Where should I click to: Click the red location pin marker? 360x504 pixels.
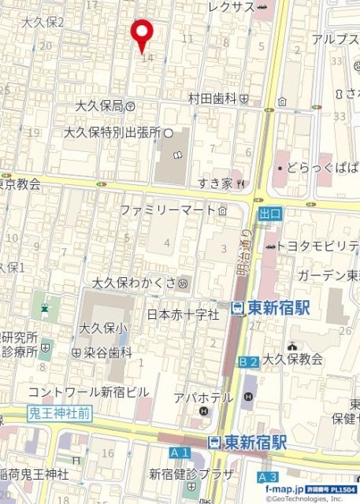click(x=142, y=31)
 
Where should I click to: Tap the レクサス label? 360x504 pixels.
click(x=232, y=7)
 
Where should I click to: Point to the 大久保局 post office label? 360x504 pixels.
click(x=100, y=106)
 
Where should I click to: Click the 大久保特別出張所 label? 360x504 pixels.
click(x=112, y=133)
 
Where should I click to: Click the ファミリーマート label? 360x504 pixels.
click(x=167, y=210)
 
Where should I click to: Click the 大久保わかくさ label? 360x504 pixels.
click(x=135, y=282)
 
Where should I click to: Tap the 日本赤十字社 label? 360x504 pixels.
click(x=183, y=314)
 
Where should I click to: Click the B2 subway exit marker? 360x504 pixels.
click(x=248, y=361)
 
